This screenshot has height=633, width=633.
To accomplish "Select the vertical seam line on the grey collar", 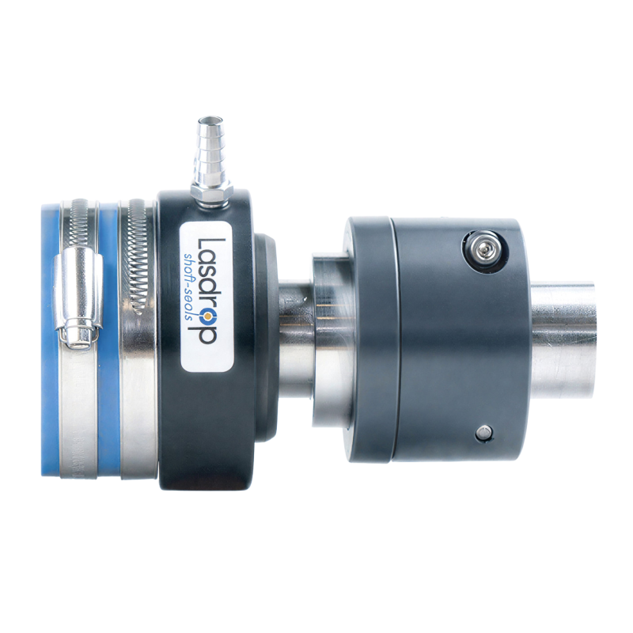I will [x=396, y=340].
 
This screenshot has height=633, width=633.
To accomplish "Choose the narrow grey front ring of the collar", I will [x=369, y=340].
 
